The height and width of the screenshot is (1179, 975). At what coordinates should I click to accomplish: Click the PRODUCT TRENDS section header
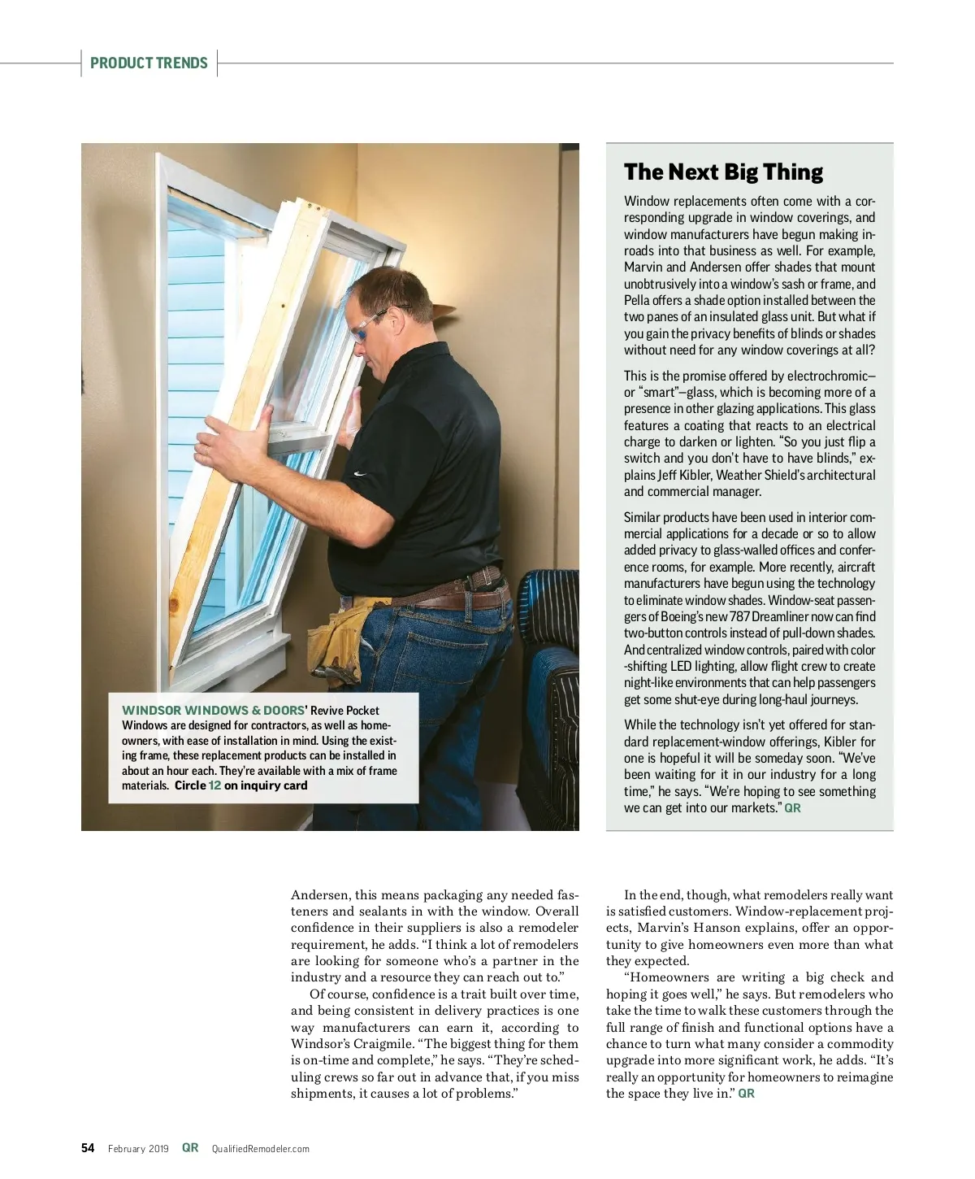pyautogui.click(x=149, y=63)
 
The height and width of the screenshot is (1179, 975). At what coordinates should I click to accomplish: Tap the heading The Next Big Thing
pyautogui.click(x=723, y=172)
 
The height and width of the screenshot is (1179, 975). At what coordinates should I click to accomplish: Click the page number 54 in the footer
pyautogui.click(x=88, y=1148)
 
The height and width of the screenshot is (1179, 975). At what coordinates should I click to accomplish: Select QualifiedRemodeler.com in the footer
pyautogui.click(x=260, y=1149)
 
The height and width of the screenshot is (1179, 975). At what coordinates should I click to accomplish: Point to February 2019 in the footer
pyautogui.click(x=138, y=1149)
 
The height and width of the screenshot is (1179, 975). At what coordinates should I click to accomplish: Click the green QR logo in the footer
pyautogui.click(x=190, y=1148)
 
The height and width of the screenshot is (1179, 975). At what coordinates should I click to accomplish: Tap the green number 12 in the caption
pyautogui.click(x=214, y=785)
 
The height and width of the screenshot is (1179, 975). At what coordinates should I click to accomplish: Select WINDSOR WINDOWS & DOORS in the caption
pyautogui.click(x=213, y=711)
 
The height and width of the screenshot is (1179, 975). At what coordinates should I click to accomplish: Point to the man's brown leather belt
pyautogui.click(x=455, y=600)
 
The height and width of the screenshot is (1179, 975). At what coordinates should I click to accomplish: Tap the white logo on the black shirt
pyautogui.click(x=359, y=474)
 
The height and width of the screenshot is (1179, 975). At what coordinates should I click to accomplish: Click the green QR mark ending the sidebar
pyautogui.click(x=792, y=808)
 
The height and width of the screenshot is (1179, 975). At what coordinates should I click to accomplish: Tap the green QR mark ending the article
pyautogui.click(x=746, y=1094)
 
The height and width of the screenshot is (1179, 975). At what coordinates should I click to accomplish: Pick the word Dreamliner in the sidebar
pyautogui.click(x=780, y=617)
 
